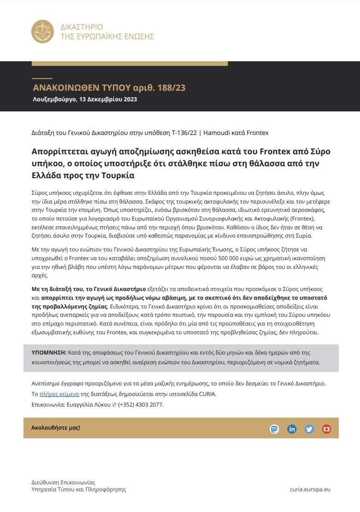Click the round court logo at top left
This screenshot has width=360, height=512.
(43, 32)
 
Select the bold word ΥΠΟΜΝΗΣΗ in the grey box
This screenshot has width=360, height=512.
(48, 353)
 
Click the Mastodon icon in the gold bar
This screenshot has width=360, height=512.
(274, 429)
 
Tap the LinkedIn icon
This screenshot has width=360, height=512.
(292, 429)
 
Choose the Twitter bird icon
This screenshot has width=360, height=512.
(309, 429)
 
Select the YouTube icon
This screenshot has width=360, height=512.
(326, 429)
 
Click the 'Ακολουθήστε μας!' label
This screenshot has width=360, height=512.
(56, 428)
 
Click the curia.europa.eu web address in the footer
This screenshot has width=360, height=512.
(310, 489)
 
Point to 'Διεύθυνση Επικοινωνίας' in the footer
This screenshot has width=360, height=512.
(63, 482)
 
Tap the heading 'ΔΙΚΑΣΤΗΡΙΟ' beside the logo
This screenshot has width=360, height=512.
(81, 27)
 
